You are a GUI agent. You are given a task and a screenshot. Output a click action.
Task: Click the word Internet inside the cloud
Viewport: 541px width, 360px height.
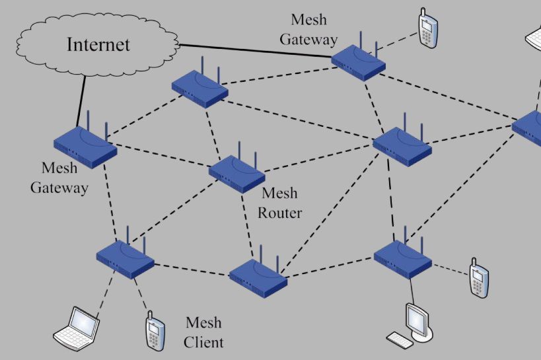tap(98, 45)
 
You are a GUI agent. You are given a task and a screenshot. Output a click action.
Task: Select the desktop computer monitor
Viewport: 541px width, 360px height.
tap(419, 320)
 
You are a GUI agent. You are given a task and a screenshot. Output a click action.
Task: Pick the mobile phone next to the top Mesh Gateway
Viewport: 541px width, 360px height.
tap(428, 30)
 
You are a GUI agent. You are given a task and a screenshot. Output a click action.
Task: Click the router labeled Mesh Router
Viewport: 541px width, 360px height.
tap(236, 174)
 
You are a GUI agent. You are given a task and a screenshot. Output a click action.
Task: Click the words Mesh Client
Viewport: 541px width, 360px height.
tap(203, 332)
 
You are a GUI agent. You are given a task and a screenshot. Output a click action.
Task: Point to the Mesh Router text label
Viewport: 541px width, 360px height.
tap(279, 203)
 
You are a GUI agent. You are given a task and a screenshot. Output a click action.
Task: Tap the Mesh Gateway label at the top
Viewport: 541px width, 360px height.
tap(308, 30)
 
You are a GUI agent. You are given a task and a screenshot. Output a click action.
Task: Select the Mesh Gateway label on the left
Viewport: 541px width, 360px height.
tap(59, 178)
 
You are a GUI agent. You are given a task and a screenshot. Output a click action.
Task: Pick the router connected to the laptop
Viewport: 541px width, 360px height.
tap(125, 258)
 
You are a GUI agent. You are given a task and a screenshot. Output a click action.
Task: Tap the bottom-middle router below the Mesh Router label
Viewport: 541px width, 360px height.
tap(258, 275)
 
